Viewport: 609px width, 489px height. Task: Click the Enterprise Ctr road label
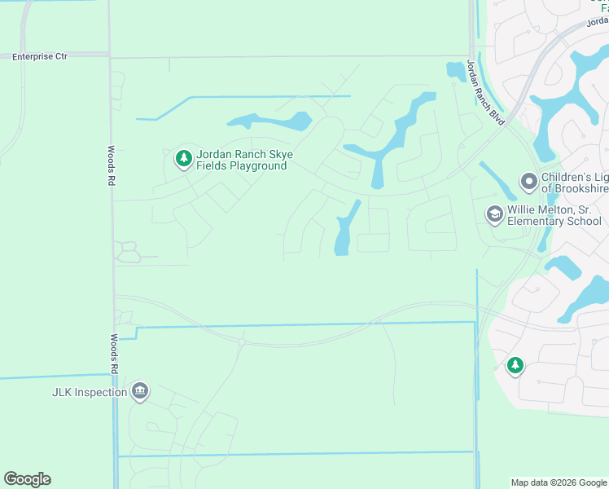(x=40, y=56)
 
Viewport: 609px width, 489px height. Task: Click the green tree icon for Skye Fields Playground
(x=184, y=158)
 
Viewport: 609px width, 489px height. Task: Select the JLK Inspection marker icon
(x=140, y=392)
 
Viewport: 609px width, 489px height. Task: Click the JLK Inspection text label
(x=90, y=392)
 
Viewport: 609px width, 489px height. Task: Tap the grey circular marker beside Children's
(x=529, y=182)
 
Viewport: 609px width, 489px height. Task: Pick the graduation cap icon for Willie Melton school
(x=494, y=214)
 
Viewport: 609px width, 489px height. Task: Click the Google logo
(x=27, y=479)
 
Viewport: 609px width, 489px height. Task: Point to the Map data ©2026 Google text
(x=559, y=482)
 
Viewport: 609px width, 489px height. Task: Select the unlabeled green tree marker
(x=515, y=366)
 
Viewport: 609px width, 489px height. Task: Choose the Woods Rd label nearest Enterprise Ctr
(x=111, y=166)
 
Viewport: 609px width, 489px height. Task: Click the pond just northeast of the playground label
(x=273, y=122)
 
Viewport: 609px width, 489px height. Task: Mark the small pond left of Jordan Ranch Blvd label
(x=454, y=72)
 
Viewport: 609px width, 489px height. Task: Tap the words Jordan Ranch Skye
(x=244, y=155)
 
